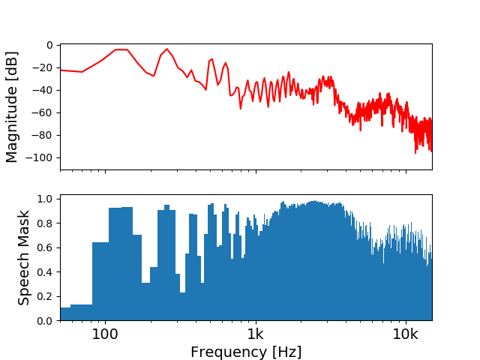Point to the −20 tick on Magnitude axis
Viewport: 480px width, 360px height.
(x=43, y=67)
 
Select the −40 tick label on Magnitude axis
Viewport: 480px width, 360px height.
(x=43, y=90)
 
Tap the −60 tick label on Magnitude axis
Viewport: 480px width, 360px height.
(x=43, y=112)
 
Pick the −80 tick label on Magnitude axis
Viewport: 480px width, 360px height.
(x=43, y=135)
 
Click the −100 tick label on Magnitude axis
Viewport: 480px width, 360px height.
(x=40, y=157)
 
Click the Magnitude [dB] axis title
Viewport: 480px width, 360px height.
(x=12, y=107)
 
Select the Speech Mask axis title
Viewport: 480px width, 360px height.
(x=24, y=257)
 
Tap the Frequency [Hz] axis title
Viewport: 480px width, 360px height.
(x=246, y=352)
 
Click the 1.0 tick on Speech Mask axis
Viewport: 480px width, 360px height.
(x=47, y=199)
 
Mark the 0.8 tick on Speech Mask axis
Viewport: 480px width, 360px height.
(x=47, y=223)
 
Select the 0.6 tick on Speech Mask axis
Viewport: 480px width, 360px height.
(x=47, y=247)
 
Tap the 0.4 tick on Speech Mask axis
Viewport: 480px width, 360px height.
(x=47, y=271)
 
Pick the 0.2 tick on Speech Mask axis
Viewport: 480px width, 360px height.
(x=47, y=296)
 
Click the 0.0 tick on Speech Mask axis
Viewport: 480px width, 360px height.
(x=47, y=320)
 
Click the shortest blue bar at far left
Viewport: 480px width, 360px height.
(x=65, y=314)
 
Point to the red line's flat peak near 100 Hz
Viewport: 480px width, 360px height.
(x=121, y=49)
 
